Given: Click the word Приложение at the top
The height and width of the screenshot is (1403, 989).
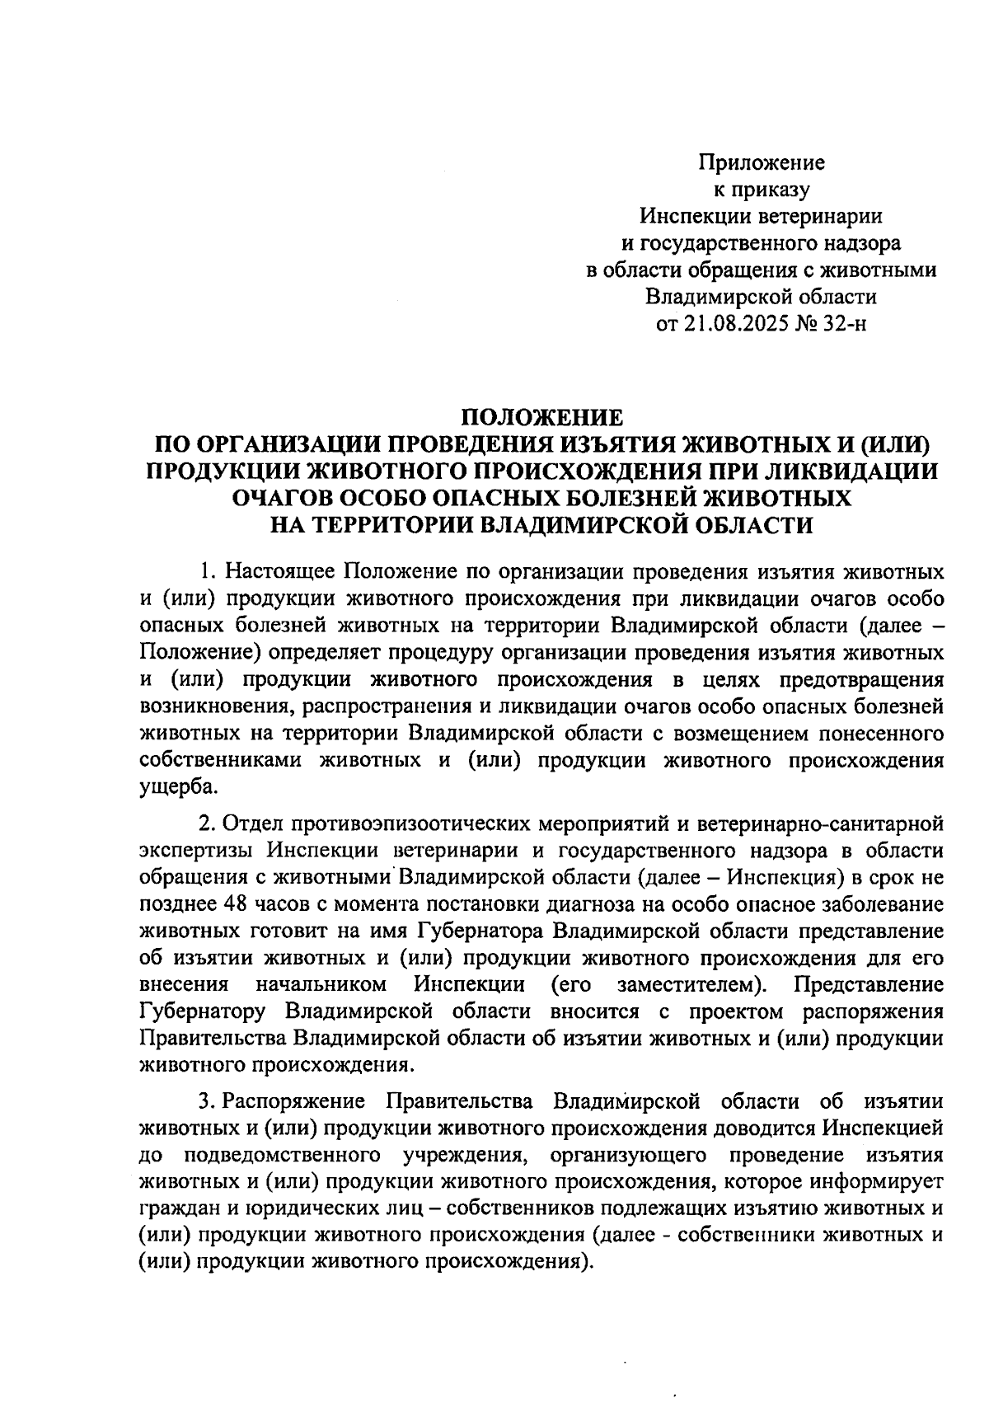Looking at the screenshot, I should point(762,162).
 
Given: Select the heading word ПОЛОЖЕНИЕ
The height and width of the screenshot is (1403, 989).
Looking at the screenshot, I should point(541,418).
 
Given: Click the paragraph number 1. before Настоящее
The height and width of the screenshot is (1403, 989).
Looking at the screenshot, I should point(207,571).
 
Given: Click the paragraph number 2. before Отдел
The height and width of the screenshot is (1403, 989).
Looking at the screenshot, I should point(207,823).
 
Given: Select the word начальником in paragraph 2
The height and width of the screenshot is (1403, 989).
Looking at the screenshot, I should point(321,984).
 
